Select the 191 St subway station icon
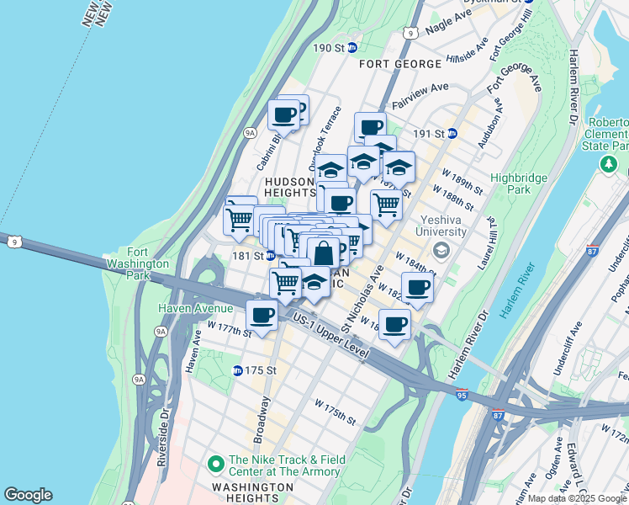[452, 133]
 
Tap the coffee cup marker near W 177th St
[262, 316]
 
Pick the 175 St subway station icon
[237, 370]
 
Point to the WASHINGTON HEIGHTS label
[252, 487]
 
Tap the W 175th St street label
[337, 412]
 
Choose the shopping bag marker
[323, 252]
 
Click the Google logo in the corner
[28, 495]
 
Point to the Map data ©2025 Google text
[578, 498]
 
